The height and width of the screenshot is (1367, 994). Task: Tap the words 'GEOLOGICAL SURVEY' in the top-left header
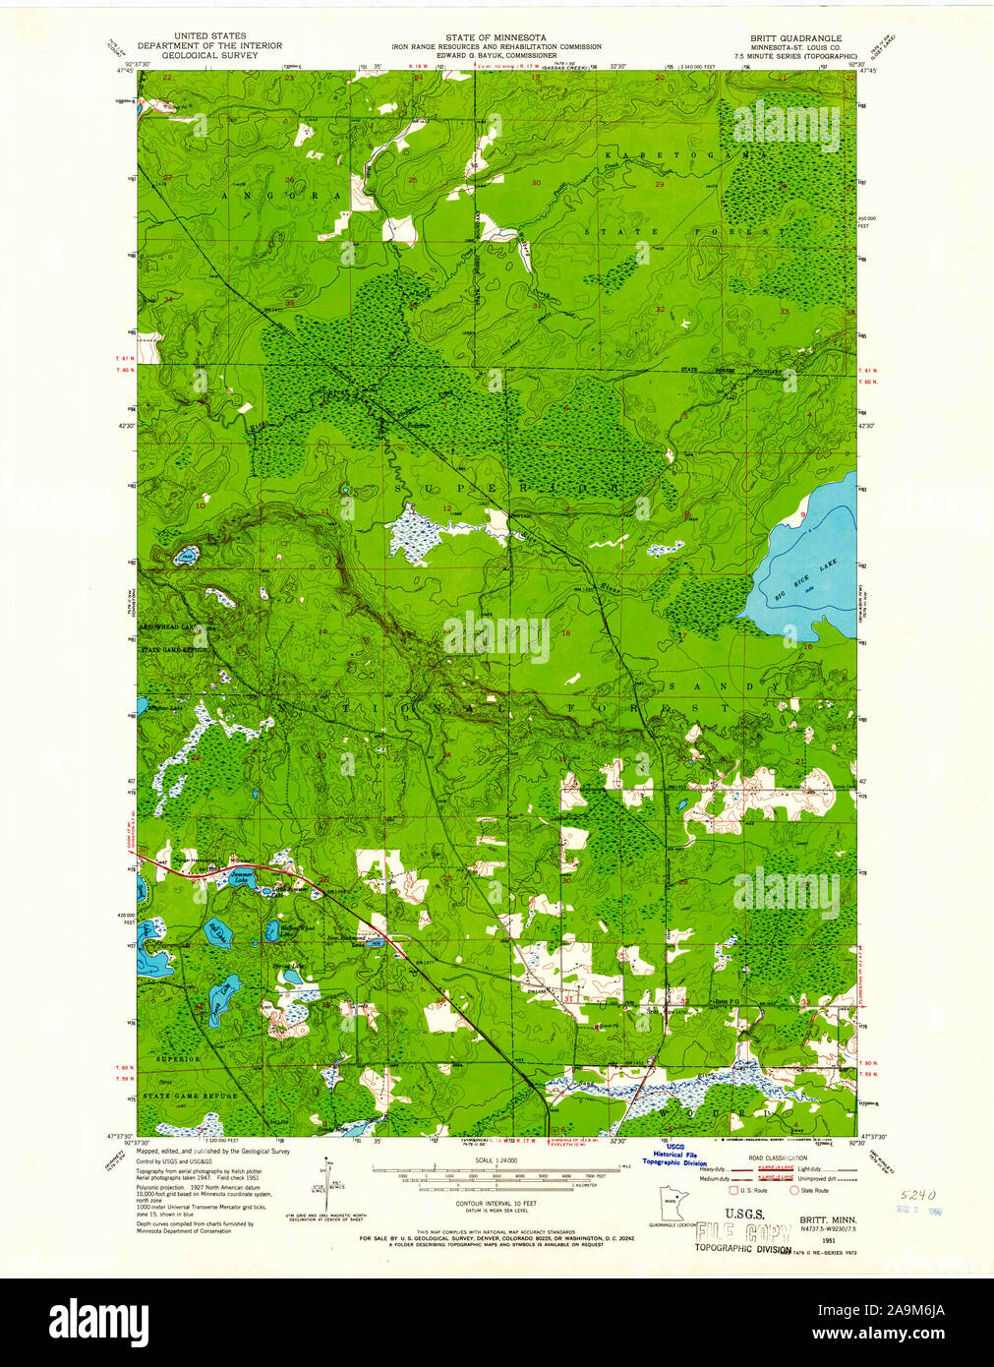click(x=208, y=55)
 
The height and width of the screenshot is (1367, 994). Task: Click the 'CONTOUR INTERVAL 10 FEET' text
click(x=496, y=1203)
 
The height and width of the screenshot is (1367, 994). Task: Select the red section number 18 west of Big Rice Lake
click(x=565, y=634)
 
